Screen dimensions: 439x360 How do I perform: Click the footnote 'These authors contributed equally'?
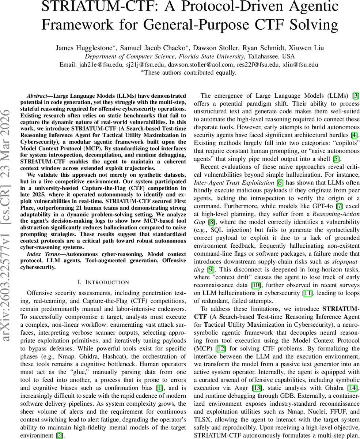(190, 72)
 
